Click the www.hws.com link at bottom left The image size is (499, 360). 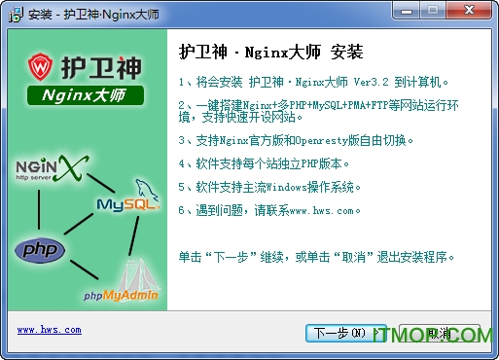click(49, 330)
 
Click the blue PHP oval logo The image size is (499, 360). click(40, 250)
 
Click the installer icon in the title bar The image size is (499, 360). click(15, 13)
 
